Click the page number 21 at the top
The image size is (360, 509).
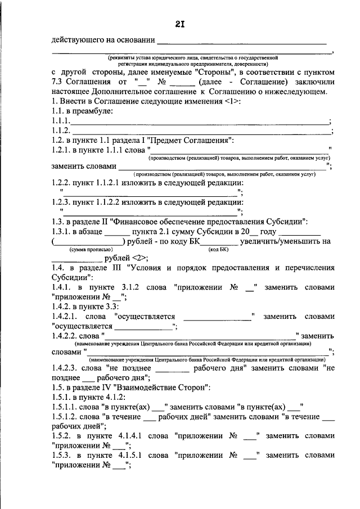pyautogui.click(x=179, y=23)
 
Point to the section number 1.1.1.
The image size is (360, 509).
pyautogui.click(x=60, y=121)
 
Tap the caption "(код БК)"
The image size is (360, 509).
pyautogui.click(x=218, y=249)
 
